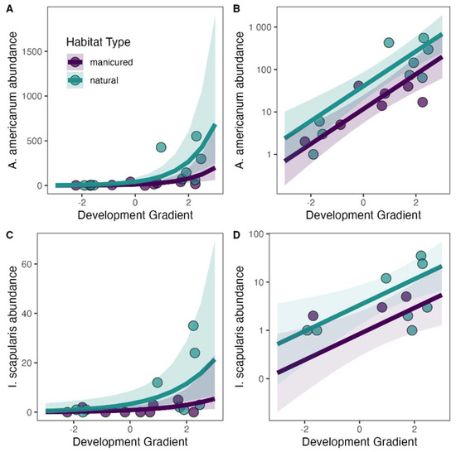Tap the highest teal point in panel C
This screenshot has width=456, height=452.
[194, 325]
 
